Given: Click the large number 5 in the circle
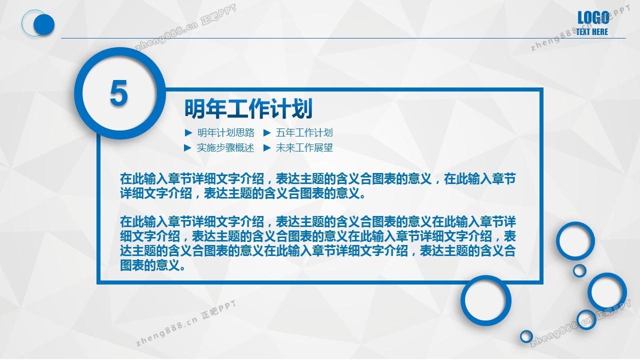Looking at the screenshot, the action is point(118,93).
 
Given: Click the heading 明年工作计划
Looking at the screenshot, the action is point(248,108).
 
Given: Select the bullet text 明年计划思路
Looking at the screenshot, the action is point(225,132).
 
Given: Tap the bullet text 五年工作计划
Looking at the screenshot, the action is point(304,132).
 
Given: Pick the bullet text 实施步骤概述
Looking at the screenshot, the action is point(225,147).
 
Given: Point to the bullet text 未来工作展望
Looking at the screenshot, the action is point(304,147).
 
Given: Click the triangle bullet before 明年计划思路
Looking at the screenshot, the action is point(188,132).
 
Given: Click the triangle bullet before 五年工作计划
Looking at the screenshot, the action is point(267,132).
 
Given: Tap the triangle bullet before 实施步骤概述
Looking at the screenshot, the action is point(188,147).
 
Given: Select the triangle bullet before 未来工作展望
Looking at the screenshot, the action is point(267,147).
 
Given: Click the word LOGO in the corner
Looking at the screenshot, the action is point(593,17).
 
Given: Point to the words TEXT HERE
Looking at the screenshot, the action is point(591,31).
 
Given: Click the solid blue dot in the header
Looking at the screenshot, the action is point(44,24).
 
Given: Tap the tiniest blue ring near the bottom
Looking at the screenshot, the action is point(526,331).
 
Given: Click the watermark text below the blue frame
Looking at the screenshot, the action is point(185,323).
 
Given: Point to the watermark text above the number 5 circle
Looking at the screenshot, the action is point(185,27).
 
